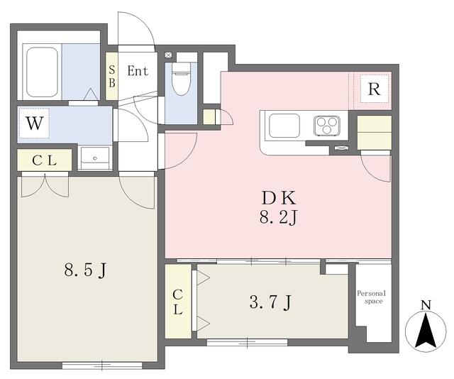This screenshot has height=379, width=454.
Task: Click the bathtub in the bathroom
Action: pyautogui.click(x=42, y=72)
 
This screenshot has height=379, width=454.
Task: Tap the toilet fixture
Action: pyautogui.click(x=181, y=78)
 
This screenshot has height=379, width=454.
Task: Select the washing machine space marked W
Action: pyautogui.click(x=35, y=123)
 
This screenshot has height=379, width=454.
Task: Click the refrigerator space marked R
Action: pyautogui.click(x=374, y=89)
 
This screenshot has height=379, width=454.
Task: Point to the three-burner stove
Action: pyautogui.click(x=326, y=125)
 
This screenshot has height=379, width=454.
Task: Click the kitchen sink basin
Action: pyautogui.click(x=284, y=126)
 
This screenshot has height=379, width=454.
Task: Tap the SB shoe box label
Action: pyautogui.click(x=112, y=76)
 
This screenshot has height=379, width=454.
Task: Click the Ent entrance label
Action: pyautogui.click(x=138, y=71)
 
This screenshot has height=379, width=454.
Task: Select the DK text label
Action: pyautogui.click(x=279, y=198)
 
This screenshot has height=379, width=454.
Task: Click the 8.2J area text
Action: pyautogui.click(x=278, y=218)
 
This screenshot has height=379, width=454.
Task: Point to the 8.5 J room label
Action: pyautogui.click(x=85, y=270)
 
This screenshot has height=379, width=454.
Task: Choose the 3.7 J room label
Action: pyautogui.click(x=270, y=303)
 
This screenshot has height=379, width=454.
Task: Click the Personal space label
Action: pyautogui.click(x=372, y=297)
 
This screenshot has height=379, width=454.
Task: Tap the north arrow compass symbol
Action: pyautogui.click(x=426, y=331)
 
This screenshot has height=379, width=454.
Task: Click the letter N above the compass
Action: pyautogui.click(x=426, y=305)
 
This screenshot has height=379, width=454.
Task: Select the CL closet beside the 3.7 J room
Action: pyautogui.click(x=178, y=302)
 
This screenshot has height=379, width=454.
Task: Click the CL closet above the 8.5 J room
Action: pyautogui.click(x=44, y=160)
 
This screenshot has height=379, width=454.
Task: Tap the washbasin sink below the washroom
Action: pyautogui.click(x=95, y=158)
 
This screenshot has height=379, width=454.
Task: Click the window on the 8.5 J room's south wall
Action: pyautogui.click(x=102, y=366)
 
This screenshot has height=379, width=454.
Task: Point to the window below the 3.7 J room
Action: pyautogui.click(x=248, y=343)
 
